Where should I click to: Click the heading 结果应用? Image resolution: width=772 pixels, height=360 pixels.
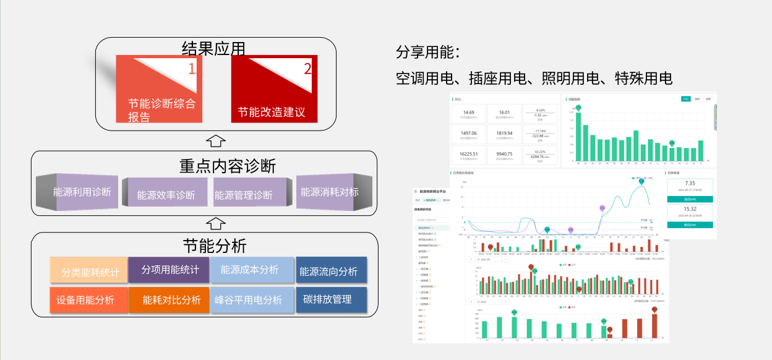[215, 48]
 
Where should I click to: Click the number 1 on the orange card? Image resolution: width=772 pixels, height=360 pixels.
[191, 69]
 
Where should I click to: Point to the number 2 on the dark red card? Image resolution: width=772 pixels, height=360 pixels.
[307, 69]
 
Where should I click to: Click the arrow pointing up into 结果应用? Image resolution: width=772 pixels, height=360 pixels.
[215, 139]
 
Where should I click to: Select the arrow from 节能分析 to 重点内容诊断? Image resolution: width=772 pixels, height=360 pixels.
[215, 223]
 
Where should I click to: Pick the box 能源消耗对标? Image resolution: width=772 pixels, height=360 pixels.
[330, 192]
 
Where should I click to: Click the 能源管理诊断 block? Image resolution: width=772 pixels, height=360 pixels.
[244, 195]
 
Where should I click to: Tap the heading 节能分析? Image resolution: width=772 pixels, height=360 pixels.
[215, 246]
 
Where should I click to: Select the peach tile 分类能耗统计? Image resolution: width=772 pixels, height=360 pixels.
[90, 271]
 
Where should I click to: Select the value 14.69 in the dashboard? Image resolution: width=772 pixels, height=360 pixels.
[468, 113]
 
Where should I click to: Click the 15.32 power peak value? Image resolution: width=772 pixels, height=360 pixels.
[690, 209]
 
